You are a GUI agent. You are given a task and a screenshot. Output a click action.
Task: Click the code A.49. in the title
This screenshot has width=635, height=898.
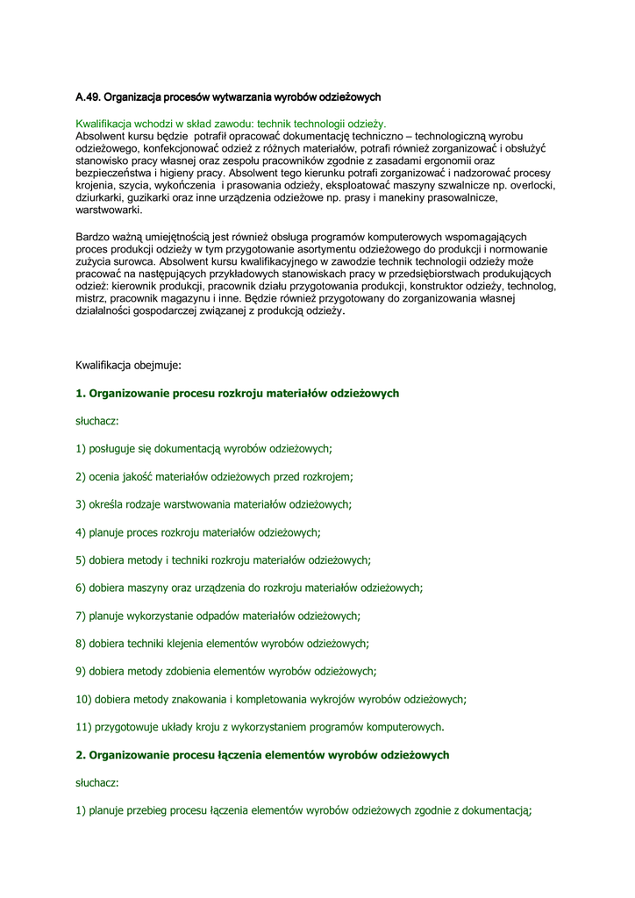[89, 96]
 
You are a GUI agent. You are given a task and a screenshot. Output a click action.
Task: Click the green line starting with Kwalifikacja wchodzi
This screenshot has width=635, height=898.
[231, 125]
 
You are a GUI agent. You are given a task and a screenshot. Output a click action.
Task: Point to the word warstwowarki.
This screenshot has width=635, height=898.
[109, 210]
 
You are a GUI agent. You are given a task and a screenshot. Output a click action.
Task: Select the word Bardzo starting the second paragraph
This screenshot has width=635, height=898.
[93, 237]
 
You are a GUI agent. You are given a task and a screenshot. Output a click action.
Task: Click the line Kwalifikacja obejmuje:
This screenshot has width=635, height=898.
[128, 364]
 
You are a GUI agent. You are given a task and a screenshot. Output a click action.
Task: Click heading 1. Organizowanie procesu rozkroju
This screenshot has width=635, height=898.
[238, 394]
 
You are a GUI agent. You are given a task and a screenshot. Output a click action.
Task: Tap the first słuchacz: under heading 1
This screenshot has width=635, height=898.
[97, 422]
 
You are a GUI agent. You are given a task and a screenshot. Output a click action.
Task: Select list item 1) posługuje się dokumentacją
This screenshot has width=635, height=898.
[203, 449]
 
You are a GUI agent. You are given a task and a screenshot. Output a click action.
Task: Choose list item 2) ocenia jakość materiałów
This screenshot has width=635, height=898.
[214, 477]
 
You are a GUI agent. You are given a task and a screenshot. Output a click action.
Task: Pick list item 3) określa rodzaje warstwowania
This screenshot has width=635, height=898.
[213, 504]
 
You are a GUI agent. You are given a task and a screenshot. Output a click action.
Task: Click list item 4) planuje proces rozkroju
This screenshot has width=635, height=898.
[198, 532]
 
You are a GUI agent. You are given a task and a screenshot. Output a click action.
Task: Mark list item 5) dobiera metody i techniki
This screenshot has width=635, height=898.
[223, 560]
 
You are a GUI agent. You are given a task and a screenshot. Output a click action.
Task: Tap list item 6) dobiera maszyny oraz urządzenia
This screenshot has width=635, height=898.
[249, 588]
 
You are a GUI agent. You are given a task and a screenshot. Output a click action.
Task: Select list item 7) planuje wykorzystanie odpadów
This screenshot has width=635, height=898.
[218, 616]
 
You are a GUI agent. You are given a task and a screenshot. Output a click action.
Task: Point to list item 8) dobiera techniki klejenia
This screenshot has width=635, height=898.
[222, 644]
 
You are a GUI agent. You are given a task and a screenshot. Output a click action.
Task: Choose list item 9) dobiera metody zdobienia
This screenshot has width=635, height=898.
[225, 672]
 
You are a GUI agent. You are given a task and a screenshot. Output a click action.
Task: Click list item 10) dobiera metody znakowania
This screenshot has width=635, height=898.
[271, 700]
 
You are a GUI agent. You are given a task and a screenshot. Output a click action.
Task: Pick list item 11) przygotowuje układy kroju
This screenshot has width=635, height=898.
[260, 727]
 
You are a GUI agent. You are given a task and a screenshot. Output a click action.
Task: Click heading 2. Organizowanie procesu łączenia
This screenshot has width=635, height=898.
[262, 755]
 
